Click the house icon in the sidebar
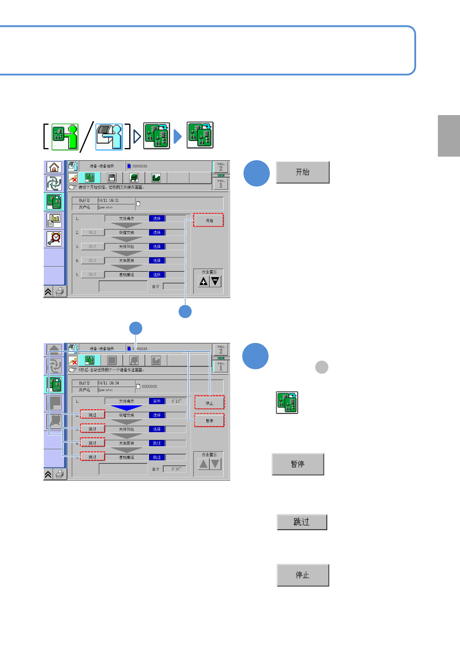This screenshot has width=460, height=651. [54, 167]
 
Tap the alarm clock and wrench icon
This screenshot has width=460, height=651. [54, 239]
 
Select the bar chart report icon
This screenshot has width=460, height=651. [54, 220]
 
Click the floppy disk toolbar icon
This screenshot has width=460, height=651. [112, 178]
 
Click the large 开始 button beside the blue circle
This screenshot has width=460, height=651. [302, 172]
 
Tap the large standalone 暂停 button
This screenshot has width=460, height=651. [298, 464]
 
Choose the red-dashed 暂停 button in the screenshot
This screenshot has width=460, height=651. [209, 421]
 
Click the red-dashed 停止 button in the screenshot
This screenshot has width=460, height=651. [209, 403]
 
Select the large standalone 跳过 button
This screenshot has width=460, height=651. [302, 522]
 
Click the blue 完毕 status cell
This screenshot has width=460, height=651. [157, 401]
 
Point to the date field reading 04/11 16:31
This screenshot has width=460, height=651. [116, 200]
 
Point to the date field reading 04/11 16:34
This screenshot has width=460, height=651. [116, 383]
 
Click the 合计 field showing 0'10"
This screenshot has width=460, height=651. [174, 469]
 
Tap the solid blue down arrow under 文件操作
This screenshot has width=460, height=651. [127, 408]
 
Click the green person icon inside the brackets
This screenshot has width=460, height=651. [65, 136]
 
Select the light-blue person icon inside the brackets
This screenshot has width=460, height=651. [109, 136]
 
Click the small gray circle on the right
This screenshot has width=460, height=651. [322, 367]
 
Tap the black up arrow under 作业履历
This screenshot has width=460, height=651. [203, 281]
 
